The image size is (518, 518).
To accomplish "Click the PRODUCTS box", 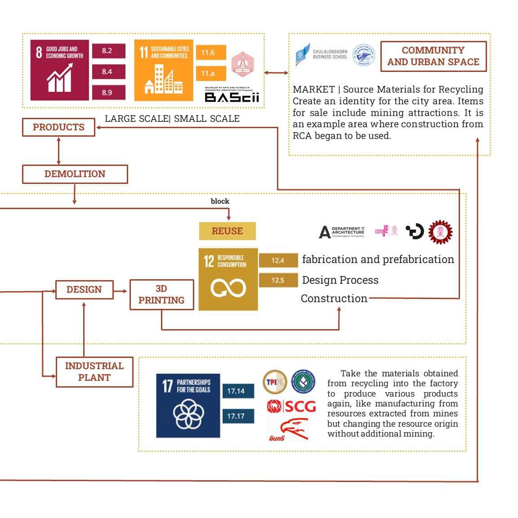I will point(58,127).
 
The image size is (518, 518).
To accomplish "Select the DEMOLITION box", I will point(75,174).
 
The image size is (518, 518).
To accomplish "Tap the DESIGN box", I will point(84,290).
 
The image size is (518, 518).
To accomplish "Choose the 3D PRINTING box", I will point(161,295).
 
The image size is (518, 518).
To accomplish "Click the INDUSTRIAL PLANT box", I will point(94,372).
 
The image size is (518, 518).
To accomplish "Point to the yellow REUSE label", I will point(227,231).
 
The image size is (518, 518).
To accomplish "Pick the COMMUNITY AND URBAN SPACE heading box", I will point(433,56).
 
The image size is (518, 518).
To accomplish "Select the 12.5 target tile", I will point(278,280).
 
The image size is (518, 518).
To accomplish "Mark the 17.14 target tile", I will point(238,391).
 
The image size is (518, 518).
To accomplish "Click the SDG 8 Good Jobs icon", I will point(60,70).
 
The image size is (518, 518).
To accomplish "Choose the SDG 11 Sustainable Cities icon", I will point(163,70).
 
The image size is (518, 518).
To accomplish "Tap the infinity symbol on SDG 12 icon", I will point(228,288).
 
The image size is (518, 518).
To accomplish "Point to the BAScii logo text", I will point(232,97).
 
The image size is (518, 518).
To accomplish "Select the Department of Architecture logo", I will point(342,232).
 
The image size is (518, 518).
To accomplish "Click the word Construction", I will point(334,299).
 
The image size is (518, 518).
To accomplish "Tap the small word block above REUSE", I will point(220,201).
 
